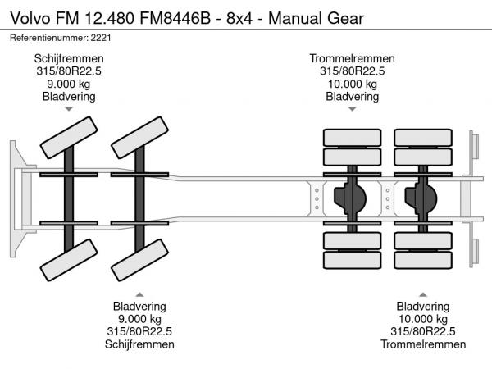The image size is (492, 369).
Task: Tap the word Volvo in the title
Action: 28,16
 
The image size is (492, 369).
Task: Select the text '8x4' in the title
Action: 230,16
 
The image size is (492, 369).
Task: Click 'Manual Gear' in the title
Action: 303,16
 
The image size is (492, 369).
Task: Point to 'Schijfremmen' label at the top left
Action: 69,58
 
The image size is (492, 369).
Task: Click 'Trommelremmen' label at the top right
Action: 352,58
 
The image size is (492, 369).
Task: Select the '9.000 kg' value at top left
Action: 69,84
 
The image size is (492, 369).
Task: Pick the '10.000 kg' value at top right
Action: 352,84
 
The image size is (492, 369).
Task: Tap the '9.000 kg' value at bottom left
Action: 139,320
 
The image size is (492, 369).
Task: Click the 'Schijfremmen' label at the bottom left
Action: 139,345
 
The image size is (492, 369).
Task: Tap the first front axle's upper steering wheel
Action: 69,137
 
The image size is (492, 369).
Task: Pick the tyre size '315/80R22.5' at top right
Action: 352,71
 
